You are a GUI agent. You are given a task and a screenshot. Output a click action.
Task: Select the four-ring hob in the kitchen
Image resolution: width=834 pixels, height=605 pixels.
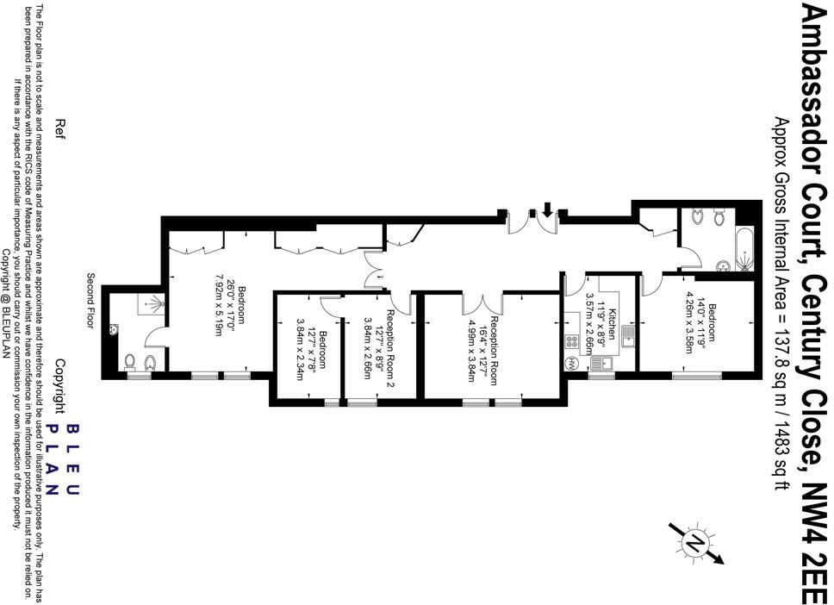click(x=572, y=341)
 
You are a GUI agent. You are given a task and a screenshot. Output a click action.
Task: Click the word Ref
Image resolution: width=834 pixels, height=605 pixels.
click(x=59, y=128)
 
